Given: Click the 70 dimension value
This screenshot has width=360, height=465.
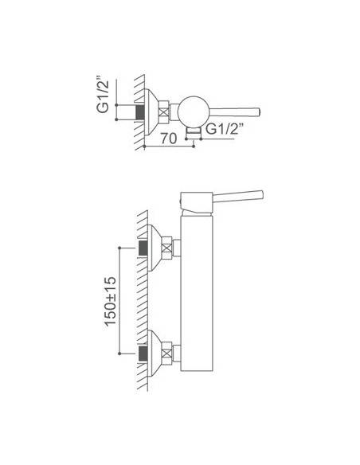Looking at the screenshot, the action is click(168, 139).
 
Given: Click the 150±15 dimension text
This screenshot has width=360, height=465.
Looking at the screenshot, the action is click(111, 301).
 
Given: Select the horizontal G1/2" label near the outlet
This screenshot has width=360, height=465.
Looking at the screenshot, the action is click(225, 129).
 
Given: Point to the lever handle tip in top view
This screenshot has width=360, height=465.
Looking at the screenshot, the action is click(258, 112).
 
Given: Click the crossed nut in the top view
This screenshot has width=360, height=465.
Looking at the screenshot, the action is click(163, 112).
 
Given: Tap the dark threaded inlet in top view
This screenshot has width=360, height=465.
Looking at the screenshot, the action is click(140, 112).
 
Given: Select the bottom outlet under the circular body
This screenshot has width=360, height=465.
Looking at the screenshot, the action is click(194, 132).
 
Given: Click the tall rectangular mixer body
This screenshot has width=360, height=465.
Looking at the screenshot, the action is click(197, 293).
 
